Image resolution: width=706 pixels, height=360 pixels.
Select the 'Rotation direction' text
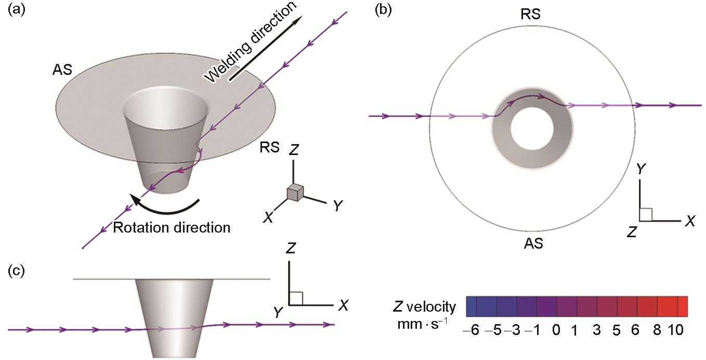tap(171, 227)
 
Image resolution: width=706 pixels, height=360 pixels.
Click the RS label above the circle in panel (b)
tap(531, 15)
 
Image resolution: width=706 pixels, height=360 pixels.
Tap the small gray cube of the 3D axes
tap(295, 192)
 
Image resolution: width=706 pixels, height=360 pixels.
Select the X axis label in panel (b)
tap(690, 221)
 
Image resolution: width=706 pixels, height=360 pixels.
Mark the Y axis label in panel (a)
tap(337, 206)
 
